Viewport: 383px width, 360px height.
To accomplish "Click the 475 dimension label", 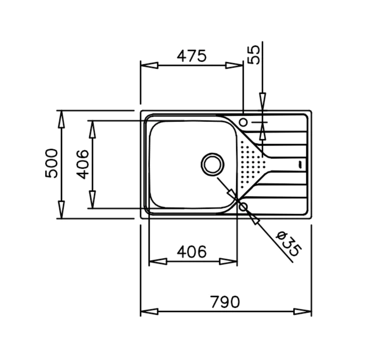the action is click(191, 56).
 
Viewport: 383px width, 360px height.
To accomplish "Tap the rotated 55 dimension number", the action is click(254, 55).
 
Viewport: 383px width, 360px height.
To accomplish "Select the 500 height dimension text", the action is click(52, 163).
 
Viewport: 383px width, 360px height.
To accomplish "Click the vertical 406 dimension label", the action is click(82, 164).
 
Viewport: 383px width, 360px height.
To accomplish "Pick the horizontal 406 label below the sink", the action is click(191, 252).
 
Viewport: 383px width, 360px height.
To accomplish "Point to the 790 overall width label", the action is click(225, 302).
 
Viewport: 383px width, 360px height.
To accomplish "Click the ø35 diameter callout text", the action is click(288, 243).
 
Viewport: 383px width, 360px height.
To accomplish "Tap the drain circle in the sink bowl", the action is click(212, 165).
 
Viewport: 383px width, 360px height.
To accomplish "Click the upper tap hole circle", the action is click(243, 122).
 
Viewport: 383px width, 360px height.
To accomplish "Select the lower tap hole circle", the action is click(243, 207).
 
